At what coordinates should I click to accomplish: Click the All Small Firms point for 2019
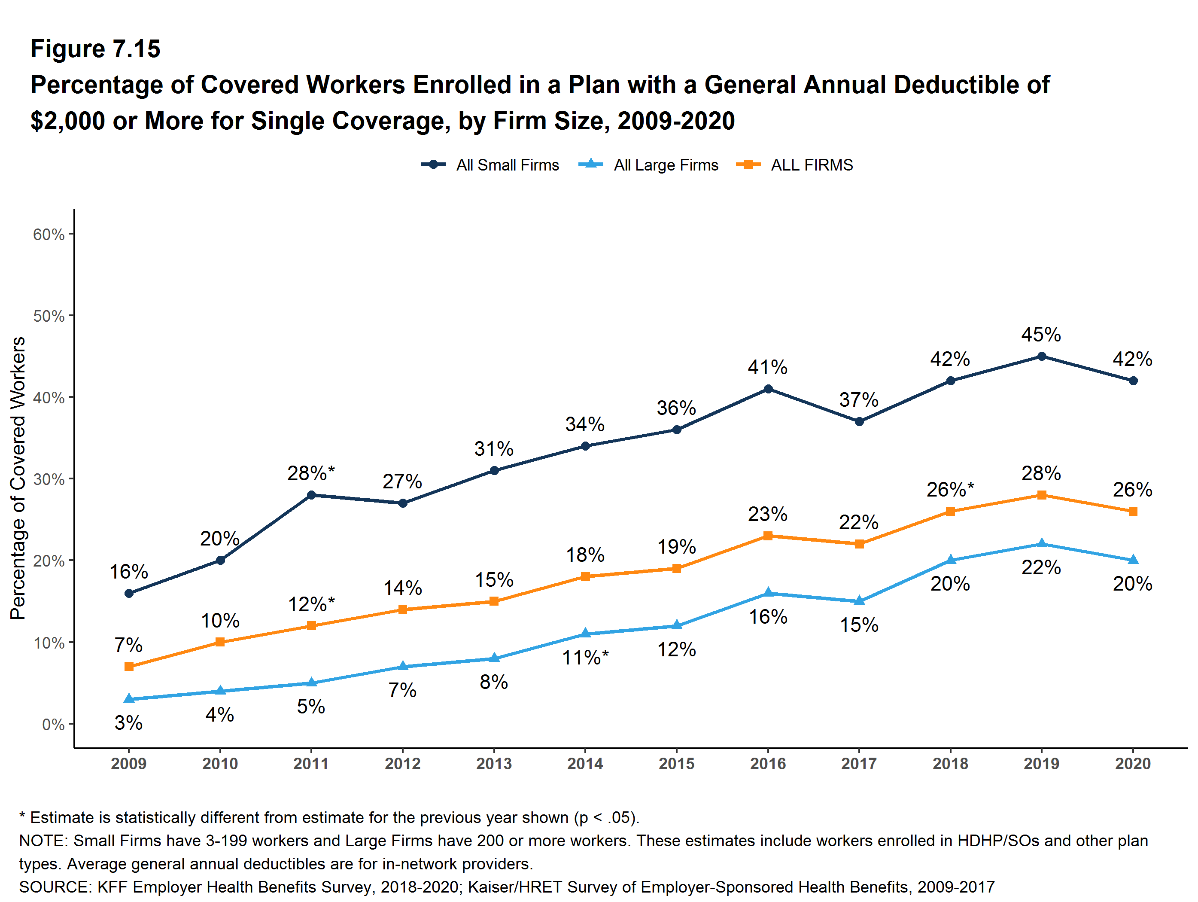1041,357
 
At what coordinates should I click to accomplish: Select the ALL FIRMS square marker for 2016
767,536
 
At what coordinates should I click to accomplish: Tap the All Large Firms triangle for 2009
129,699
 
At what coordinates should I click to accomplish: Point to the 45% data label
1041,335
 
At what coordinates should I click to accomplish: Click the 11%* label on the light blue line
585,658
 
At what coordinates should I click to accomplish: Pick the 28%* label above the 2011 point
311,473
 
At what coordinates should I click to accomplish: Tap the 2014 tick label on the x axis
585,764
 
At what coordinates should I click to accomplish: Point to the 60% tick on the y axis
49,235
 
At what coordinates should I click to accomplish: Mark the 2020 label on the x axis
1132,764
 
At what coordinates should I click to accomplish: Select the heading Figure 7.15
95,49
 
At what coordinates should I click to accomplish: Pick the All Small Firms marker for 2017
859,421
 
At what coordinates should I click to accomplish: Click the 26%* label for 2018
950,490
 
